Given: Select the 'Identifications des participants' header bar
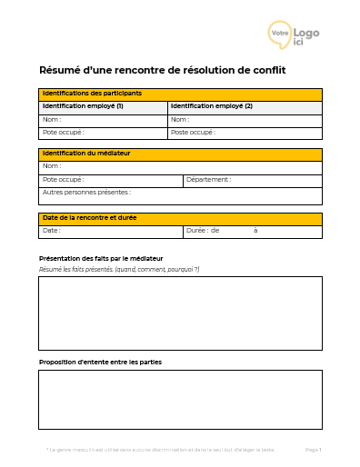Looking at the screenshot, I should click(x=180, y=94).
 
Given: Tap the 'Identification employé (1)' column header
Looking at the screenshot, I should click(x=103, y=107).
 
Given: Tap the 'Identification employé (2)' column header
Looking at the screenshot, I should click(x=245, y=107).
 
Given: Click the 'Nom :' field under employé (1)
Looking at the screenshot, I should click(x=103, y=120).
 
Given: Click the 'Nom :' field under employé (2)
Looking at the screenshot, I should click(x=245, y=120).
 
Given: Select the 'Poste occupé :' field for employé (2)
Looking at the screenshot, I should click(x=245, y=133).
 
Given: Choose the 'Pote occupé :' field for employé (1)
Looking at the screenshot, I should click(x=103, y=133).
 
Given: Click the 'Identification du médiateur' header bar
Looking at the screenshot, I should click(x=180, y=154).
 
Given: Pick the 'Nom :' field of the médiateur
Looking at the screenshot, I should click(x=180, y=167).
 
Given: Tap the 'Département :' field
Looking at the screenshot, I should click(x=252, y=180).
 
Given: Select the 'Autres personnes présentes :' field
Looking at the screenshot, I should click(x=180, y=194).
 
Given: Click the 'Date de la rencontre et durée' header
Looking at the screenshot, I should click(x=180, y=219).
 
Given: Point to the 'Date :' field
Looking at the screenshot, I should click(x=110, y=232).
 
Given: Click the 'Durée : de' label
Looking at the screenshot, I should click(x=203, y=232).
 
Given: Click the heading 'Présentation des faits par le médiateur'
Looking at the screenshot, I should click(x=101, y=259).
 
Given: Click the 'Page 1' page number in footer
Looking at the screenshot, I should click(x=313, y=450).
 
